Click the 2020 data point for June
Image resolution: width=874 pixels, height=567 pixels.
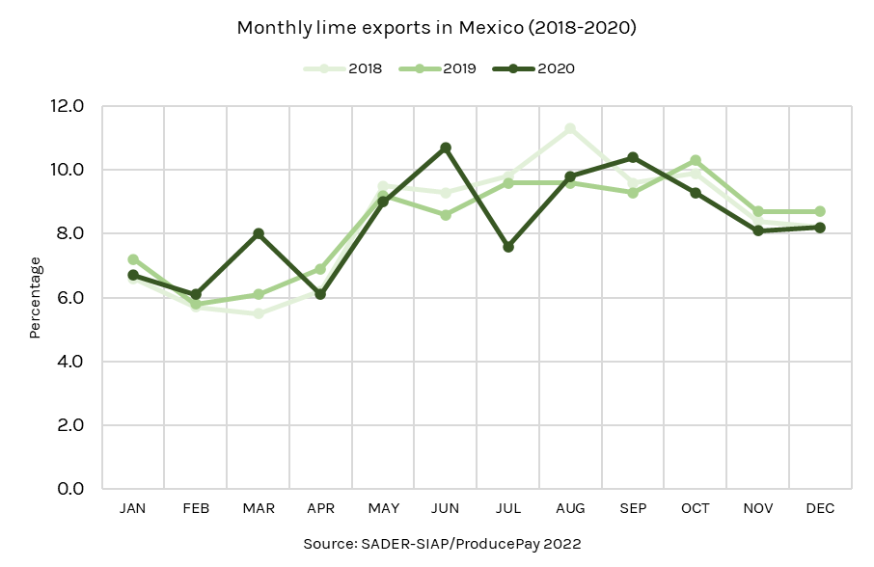pos(446,148)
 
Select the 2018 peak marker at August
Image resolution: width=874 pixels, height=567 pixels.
pos(570,128)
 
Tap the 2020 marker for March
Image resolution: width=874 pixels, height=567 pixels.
pos(259,233)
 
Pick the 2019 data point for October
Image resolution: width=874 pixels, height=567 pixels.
pos(696,160)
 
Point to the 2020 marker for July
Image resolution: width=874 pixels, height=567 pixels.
pos(508,247)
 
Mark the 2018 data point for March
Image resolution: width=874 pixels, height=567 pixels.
pos(259,313)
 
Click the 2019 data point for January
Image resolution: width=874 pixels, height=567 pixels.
pos(133,259)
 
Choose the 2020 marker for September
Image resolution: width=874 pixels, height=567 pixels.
pos(633,157)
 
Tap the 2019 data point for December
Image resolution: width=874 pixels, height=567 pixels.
pos(820,211)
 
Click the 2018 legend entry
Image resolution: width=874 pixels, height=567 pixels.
pos(344,68)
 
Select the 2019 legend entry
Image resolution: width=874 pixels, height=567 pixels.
pos(438,68)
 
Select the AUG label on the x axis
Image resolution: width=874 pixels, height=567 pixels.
pos(570,508)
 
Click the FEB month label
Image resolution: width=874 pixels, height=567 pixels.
pos(196,508)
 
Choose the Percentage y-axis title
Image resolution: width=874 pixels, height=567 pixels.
pos(36,297)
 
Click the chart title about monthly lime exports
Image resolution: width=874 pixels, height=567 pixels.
pos(437,28)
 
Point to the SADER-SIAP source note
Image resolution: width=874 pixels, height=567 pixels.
pos(442,544)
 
